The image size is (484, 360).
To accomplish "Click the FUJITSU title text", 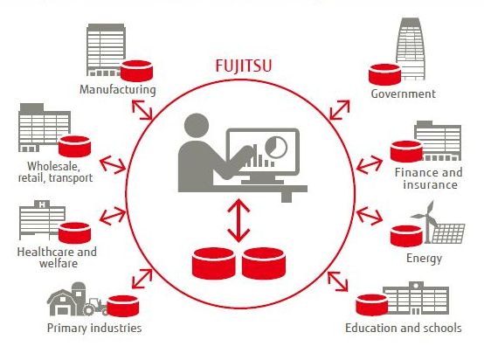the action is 244,66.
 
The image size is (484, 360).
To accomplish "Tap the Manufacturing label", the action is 118,89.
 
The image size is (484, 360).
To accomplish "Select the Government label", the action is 403,93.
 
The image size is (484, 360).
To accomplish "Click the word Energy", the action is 424,258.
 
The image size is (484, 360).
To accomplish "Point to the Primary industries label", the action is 94,328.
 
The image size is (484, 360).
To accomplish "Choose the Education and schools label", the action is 403,328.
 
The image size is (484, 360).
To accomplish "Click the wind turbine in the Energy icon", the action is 425,221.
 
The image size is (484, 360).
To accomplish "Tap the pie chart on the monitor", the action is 276,146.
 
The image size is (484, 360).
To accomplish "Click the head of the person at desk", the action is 197,125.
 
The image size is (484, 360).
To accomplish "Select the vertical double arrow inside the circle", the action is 239,220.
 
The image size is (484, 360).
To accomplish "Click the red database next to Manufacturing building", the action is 136,71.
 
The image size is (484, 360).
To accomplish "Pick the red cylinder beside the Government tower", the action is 385,74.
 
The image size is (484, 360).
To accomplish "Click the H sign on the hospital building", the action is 43,204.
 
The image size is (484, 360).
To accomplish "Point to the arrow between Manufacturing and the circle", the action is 142,109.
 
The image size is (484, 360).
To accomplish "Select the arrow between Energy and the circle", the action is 370,216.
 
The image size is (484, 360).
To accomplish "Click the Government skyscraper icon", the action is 411,49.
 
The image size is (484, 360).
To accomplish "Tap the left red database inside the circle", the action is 213,263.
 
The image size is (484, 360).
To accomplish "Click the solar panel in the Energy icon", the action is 448,233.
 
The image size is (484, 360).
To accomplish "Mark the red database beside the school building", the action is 372,305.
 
